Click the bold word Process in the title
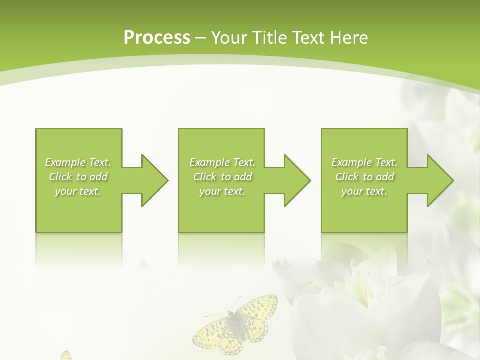(157, 37)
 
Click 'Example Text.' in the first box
(78, 162)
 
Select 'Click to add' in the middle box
(222, 177)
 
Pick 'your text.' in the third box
(364, 191)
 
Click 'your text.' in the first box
(78, 191)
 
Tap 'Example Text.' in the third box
(364, 162)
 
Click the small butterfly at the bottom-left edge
(66, 355)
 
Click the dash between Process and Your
(201, 38)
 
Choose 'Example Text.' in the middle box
(222, 162)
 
